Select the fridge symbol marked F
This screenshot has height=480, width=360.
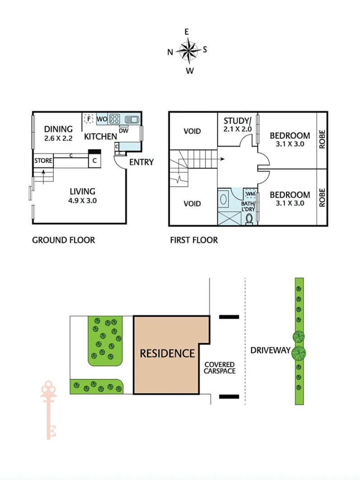tap(89, 119)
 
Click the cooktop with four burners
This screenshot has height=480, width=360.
tap(114, 120)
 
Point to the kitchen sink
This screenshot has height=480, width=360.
tap(131, 120)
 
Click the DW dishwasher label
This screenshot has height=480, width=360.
tap(123, 130)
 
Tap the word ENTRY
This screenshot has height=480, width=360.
tap(141, 162)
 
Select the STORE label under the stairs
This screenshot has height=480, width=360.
tap(43, 161)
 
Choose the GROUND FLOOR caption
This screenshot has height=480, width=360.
tap(63, 240)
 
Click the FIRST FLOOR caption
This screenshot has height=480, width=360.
tap(194, 240)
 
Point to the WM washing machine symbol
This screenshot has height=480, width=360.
tap(250, 194)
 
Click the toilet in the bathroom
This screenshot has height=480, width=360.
tap(249, 219)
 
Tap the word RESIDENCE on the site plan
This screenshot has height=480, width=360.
tap(167, 353)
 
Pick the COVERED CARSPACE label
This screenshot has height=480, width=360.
tap(220, 368)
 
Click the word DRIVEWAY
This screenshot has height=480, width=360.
tap(270, 350)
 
